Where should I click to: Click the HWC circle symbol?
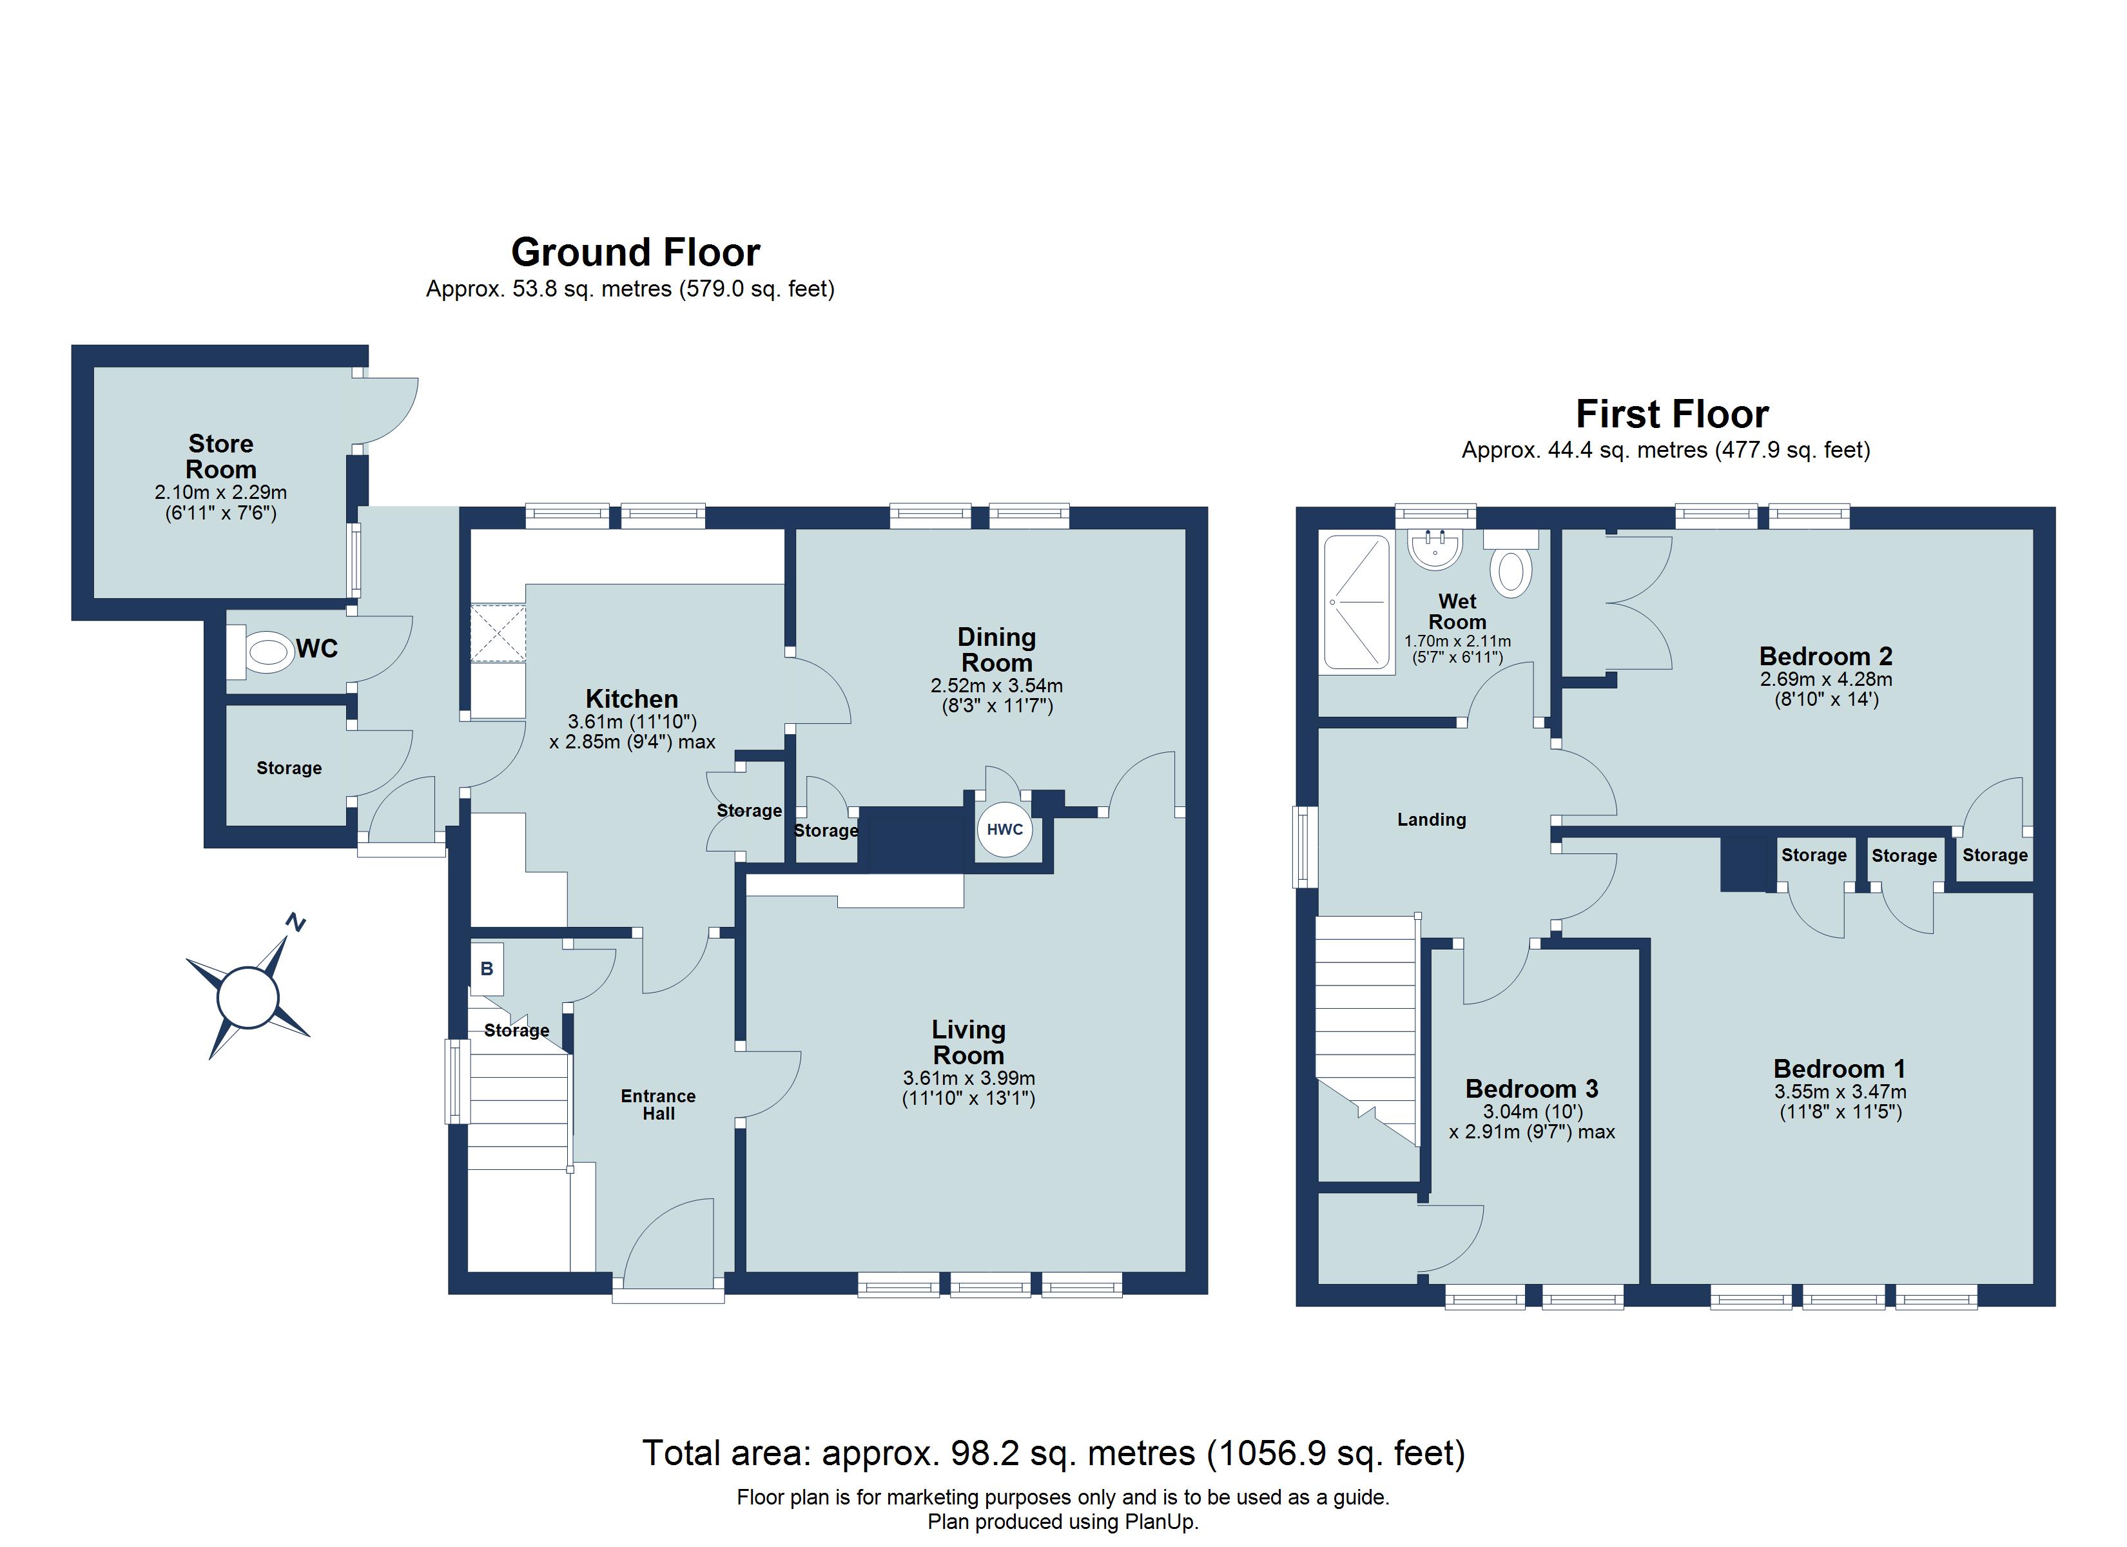(1004, 830)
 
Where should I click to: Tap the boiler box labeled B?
(487, 968)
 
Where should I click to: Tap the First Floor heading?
(1671, 414)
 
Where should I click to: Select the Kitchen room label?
(631, 699)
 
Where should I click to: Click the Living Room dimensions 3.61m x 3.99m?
(969, 1078)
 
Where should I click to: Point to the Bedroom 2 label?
(1825, 656)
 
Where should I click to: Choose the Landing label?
(1431, 819)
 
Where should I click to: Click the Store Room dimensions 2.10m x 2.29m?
(220, 492)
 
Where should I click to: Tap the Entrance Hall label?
(658, 1104)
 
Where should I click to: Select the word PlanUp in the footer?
(1162, 1522)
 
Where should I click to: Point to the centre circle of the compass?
(248, 997)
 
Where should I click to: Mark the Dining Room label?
(996, 649)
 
